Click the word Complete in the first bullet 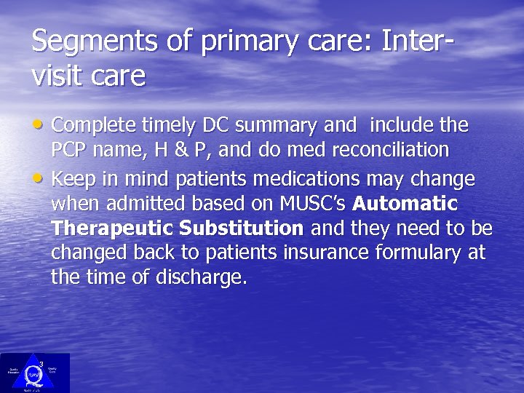point(93,126)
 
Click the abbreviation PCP point(71,151)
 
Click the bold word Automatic point(405,204)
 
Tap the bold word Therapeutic point(111,229)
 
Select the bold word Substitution point(241,229)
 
